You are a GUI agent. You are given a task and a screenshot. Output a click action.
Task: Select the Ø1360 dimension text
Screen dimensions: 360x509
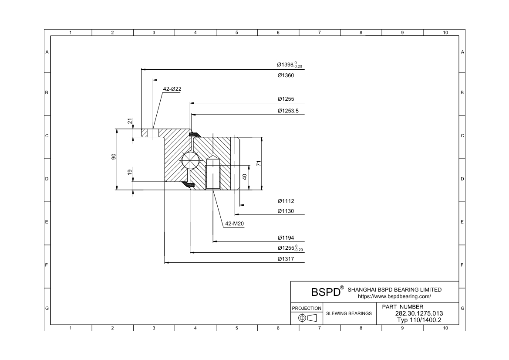[x=286, y=75]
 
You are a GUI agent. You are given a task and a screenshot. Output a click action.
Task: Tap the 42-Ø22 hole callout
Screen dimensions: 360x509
[x=172, y=89]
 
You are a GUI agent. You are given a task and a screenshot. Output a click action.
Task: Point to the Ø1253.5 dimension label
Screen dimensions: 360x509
[x=288, y=111]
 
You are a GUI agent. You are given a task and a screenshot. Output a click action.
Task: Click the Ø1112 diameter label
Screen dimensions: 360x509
[x=286, y=201]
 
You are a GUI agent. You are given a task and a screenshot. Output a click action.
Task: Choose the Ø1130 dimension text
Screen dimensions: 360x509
[x=286, y=211]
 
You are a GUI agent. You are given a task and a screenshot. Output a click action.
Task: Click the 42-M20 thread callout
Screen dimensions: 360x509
[x=234, y=224]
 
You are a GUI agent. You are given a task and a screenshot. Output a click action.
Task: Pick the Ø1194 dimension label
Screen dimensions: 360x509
[x=286, y=238]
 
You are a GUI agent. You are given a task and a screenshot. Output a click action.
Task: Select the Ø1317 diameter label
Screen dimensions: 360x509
[x=286, y=259]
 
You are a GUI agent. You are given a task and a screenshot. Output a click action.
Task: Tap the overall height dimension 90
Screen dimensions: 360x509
[x=113, y=157]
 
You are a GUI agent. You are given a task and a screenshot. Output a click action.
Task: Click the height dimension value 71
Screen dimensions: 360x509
[x=258, y=163]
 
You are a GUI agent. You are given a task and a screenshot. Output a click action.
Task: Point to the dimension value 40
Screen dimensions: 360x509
[x=245, y=177]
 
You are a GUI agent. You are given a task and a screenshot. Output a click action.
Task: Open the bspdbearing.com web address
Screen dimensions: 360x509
[x=394, y=296]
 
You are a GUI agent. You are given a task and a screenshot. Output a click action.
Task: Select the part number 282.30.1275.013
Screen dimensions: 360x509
[x=418, y=313]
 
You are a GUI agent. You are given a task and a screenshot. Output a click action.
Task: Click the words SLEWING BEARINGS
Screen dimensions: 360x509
[x=349, y=313]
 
